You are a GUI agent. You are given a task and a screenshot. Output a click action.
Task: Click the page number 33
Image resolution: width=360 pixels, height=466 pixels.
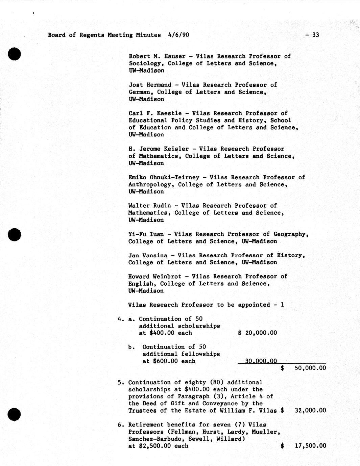(315, 35)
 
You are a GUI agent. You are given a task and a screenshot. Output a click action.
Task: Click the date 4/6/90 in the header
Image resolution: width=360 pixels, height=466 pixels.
(178, 35)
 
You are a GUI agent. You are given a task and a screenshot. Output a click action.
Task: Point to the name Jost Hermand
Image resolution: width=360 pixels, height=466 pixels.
(150, 85)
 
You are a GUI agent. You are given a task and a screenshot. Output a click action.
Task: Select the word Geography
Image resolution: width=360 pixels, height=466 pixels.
(291, 234)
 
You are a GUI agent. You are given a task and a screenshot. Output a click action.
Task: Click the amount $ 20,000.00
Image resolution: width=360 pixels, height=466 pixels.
(258, 333)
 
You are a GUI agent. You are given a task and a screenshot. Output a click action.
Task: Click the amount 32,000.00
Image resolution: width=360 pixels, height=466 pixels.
(310, 411)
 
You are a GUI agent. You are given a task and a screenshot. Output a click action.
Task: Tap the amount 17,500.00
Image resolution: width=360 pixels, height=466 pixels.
(310, 446)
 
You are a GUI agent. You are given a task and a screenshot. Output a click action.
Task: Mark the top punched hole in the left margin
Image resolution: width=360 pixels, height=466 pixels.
(15, 54)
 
